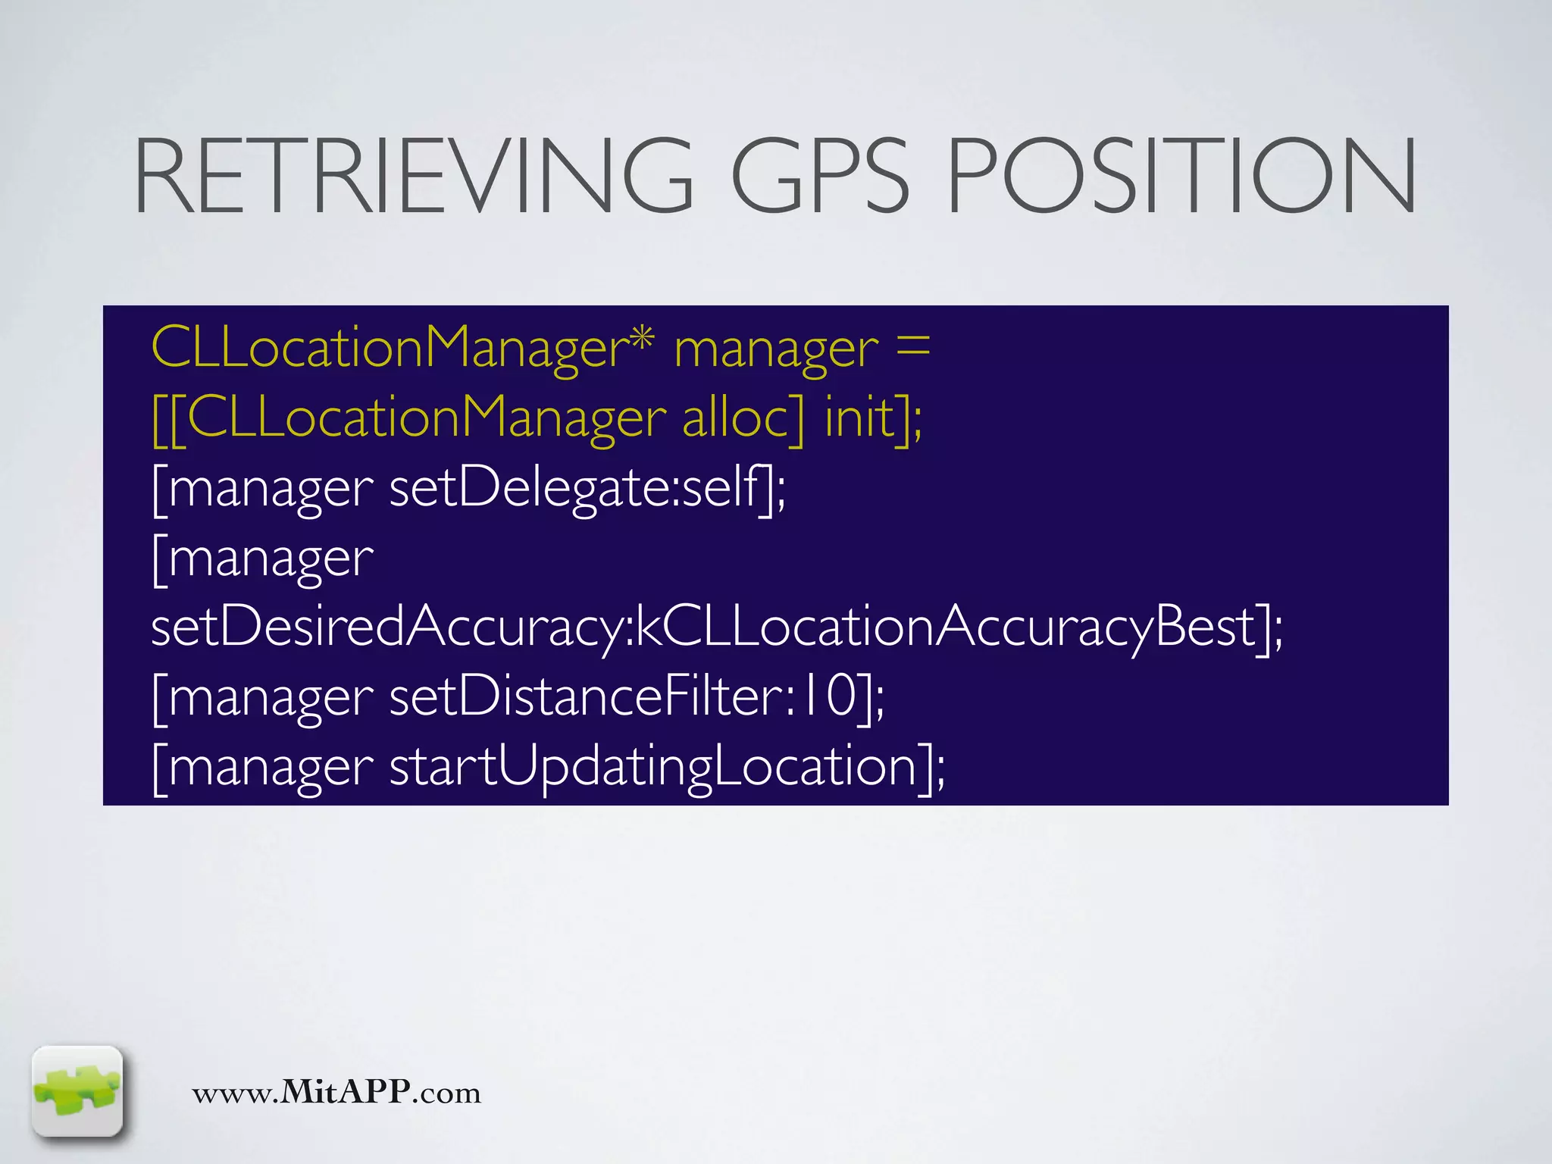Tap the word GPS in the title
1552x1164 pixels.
(819, 176)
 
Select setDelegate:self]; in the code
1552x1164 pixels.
(587, 488)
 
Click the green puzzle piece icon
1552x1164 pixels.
(77, 1091)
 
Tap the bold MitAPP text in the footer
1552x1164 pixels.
(346, 1092)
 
